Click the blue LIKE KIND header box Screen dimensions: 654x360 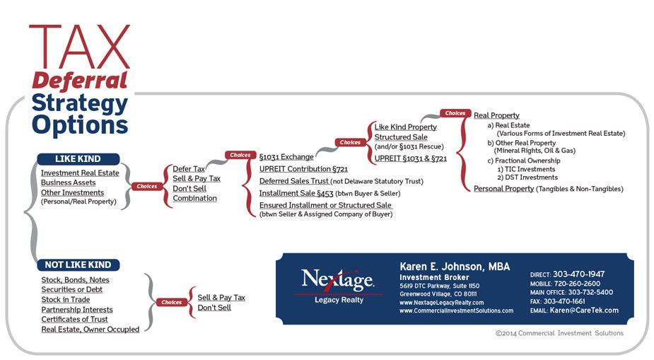[x=78, y=159]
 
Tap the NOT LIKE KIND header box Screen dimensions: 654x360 [x=78, y=265]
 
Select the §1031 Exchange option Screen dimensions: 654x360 [x=286, y=157]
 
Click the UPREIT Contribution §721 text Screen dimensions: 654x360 [x=303, y=169]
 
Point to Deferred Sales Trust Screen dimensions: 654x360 [x=294, y=181]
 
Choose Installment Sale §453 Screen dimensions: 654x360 [x=296, y=193]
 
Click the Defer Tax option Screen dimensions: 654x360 [x=189, y=169]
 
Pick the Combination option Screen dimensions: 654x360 [x=194, y=198]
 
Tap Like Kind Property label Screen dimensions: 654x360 [x=405, y=127]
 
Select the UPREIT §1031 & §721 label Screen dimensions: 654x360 [x=410, y=158]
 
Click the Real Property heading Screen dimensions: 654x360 [x=496, y=115]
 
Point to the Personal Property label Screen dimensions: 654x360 [x=503, y=189]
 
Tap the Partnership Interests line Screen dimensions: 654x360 [x=77, y=310]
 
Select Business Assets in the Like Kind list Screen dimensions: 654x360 [x=68, y=182]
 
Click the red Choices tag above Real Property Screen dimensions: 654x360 [x=455, y=113]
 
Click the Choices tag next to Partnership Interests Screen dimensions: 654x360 [x=171, y=302]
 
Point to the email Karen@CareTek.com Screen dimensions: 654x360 [x=584, y=310]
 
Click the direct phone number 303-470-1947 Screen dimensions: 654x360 [x=578, y=274]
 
